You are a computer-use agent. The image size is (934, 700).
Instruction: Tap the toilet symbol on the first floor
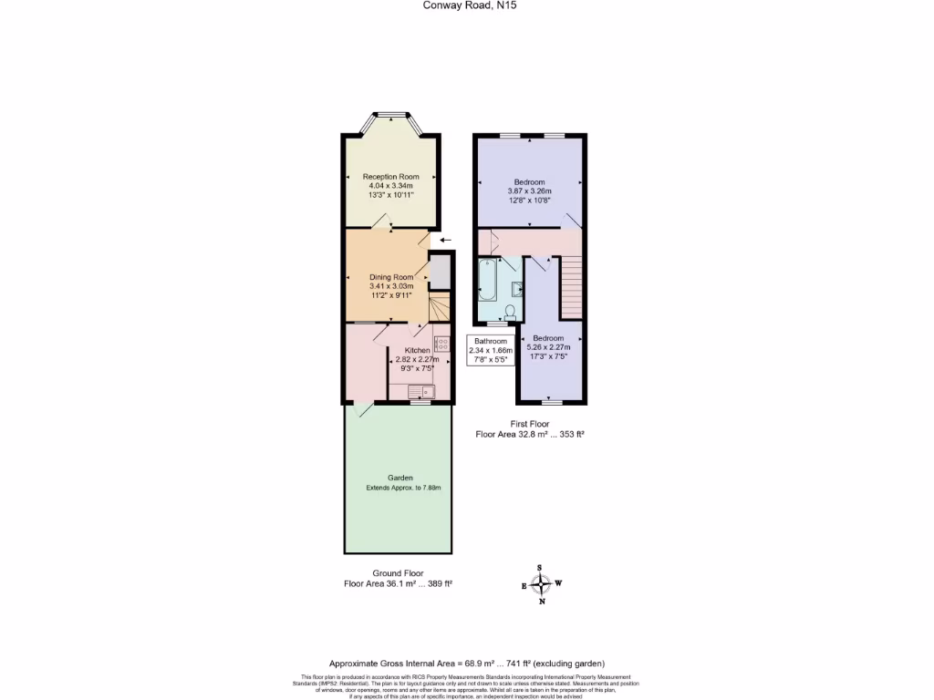(509, 312)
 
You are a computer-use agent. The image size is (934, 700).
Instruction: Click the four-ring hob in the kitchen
(441, 344)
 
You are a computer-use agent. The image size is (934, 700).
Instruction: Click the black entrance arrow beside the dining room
(445, 240)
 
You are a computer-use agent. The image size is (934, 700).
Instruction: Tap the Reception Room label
(390, 177)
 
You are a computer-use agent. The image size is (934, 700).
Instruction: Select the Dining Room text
(390, 277)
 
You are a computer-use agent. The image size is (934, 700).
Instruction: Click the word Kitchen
(418, 351)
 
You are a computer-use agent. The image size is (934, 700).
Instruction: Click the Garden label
(400, 478)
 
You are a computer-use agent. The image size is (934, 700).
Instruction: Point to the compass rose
(542, 584)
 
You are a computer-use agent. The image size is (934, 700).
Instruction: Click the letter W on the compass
(559, 583)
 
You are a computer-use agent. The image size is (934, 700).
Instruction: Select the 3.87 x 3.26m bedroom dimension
(530, 191)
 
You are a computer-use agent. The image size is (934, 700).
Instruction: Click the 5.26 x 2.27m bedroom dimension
(548, 347)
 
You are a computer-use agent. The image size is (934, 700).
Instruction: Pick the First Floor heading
(530, 424)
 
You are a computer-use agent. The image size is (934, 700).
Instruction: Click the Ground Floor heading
(398, 573)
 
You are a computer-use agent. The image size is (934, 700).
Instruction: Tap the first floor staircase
(571, 287)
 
